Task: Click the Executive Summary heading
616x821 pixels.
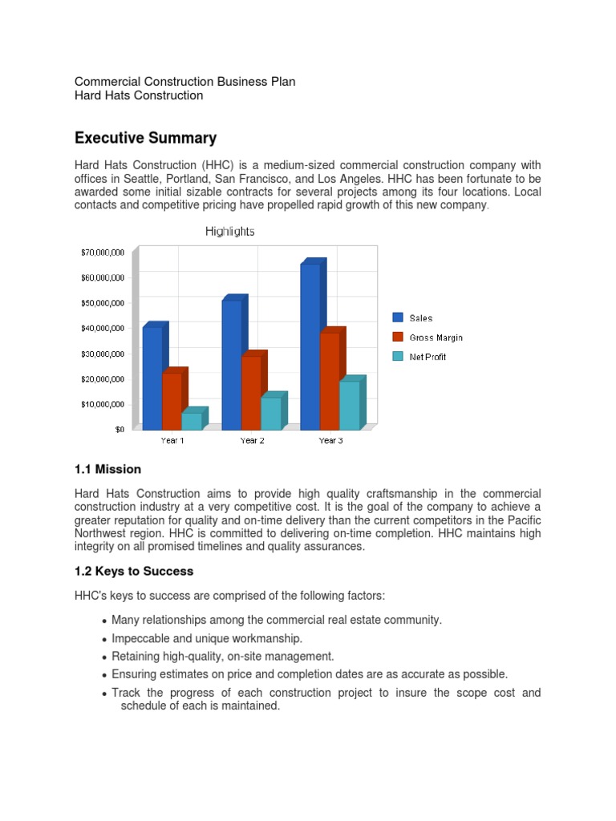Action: (x=145, y=138)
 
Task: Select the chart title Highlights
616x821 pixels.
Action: (x=230, y=231)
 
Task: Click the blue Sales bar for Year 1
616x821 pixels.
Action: (x=152, y=377)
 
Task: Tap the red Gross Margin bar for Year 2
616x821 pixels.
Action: (x=251, y=392)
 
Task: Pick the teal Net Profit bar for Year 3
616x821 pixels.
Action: (x=349, y=405)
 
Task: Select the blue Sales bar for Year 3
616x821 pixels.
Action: (x=310, y=346)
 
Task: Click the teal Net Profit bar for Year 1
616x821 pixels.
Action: (x=192, y=421)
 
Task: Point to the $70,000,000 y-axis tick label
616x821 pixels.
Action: (x=102, y=252)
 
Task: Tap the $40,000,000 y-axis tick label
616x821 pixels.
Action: (x=102, y=328)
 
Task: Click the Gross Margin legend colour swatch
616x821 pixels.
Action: (x=398, y=338)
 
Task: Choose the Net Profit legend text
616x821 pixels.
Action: (x=428, y=357)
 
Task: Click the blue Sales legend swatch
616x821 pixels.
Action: (x=398, y=318)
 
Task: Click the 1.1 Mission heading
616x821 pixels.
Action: (x=107, y=469)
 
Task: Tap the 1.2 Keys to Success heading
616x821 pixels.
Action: (x=134, y=572)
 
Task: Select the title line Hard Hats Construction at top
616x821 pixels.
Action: (x=139, y=95)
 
